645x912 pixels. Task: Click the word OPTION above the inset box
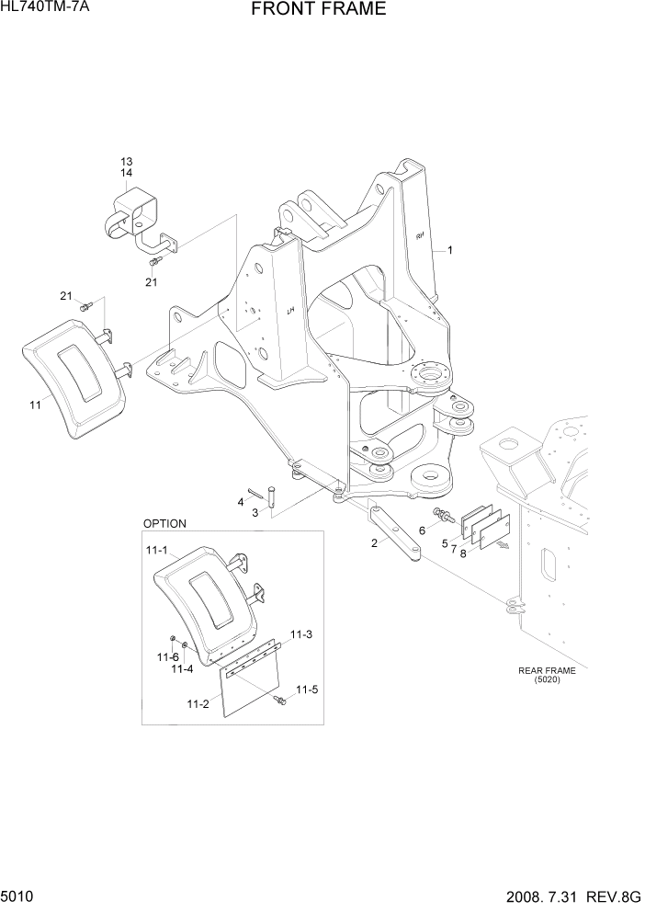[164, 523]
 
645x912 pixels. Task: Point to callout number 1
[450, 249]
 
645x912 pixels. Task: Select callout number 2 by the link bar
[374, 542]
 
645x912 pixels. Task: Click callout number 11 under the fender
[35, 405]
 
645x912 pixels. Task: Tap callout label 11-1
[155, 552]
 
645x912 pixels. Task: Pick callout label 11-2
[197, 703]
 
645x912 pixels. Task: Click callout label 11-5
[305, 690]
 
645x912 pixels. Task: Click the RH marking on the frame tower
[419, 235]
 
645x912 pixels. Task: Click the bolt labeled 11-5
[279, 701]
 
